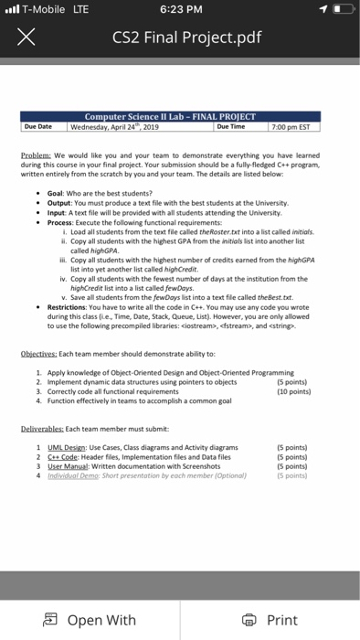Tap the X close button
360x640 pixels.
tap(27, 38)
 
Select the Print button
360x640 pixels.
tap(273, 619)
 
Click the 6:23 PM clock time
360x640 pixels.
tap(179, 10)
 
